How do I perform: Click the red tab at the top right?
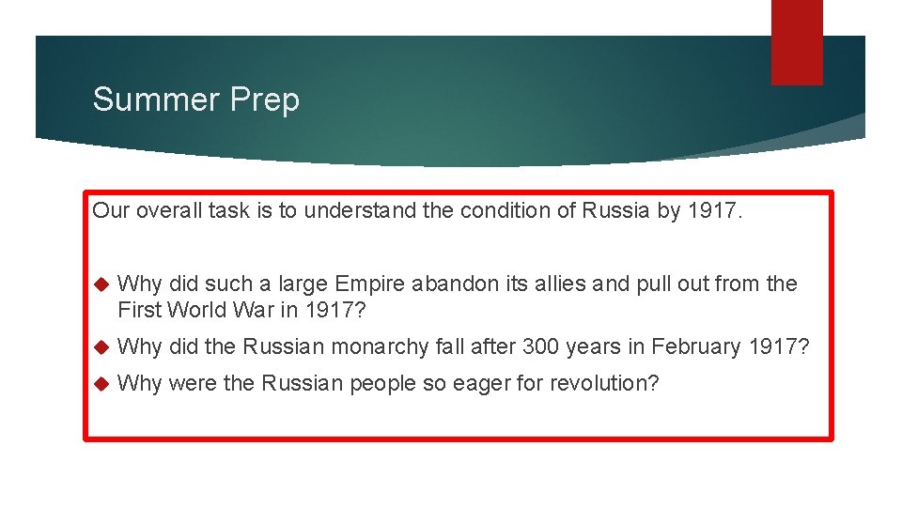click(x=796, y=42)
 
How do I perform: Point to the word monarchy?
click(x=383, y=346)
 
